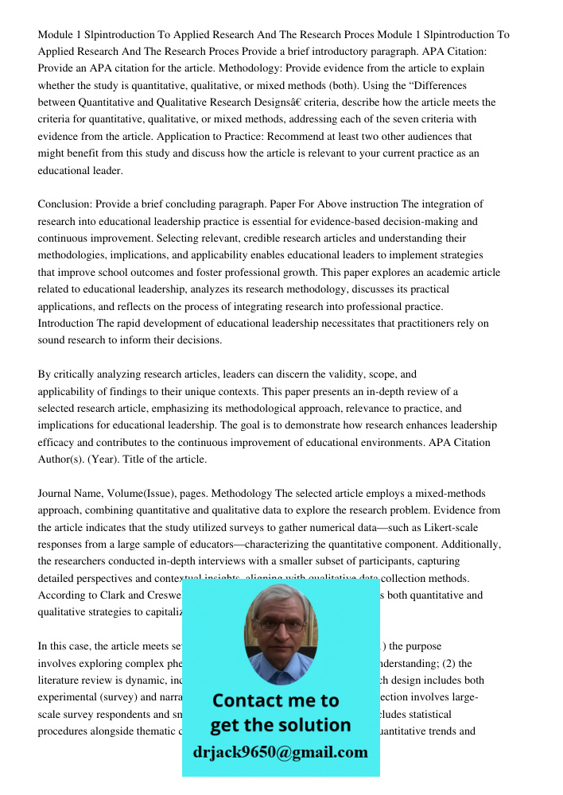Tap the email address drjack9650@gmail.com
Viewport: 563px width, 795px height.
pyautogui.click(x=280, y=751)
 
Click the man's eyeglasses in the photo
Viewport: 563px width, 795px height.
pyautogui.click(x=281, y=626)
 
